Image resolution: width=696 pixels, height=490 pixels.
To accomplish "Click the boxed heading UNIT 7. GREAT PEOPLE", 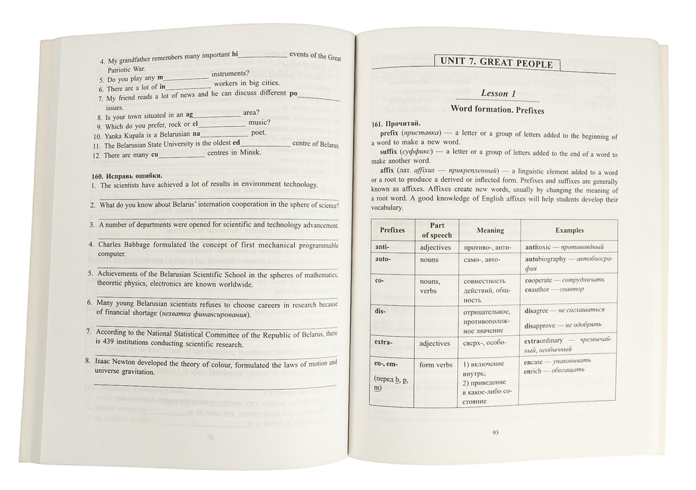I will pos(496,63).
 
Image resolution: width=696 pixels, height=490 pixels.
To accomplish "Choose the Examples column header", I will pos(569,230).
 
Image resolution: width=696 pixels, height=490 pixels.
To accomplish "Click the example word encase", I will pos(535,361).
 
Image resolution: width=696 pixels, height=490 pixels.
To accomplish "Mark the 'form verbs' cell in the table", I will pos(436,365).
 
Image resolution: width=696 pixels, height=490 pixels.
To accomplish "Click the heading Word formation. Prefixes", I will pos(497,110).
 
